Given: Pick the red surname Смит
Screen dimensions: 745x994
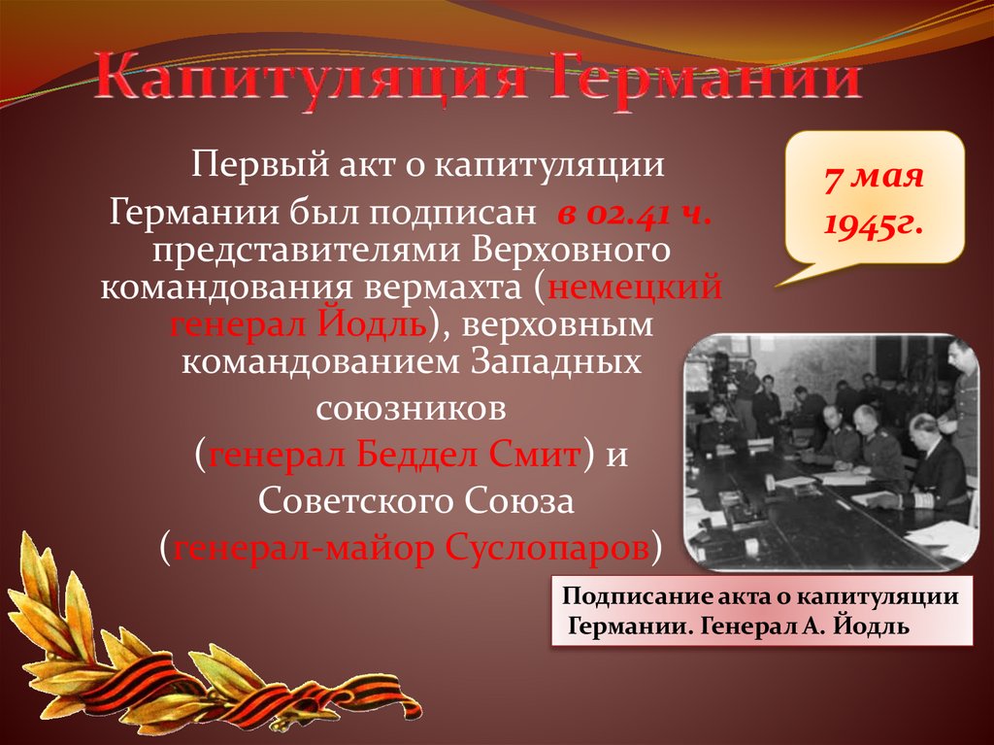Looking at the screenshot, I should pyautogui.click(x=534, y=454).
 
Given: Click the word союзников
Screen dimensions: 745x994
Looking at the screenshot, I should pyautogui.click(x=413, y=408).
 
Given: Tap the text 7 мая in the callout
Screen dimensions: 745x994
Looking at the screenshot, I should pyautogui.click(x=874, y=181).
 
